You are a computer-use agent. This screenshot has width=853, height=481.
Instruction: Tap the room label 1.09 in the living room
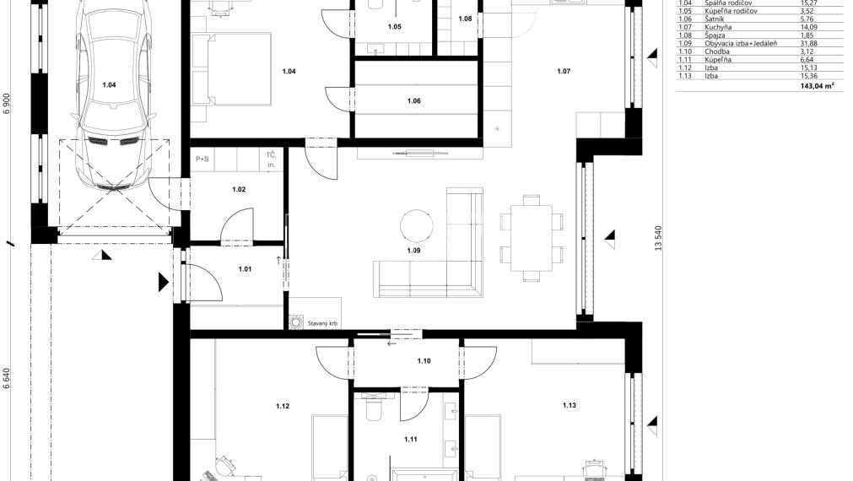click(413, 251)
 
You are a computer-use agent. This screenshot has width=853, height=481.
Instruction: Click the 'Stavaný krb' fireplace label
click(323, 322)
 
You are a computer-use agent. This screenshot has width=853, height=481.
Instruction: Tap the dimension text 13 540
click(658, 237)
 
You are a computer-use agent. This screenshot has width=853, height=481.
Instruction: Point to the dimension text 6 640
click(7, 377)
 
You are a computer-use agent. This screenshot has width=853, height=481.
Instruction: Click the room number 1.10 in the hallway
click(424, 361)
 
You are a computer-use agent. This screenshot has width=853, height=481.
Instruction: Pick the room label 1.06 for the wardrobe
click(413, 101)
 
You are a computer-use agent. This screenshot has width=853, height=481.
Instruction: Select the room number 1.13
click(570, 406)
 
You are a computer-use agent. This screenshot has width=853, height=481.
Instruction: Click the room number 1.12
click(282, 407)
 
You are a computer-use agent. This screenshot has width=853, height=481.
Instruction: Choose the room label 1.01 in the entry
click(245, 269)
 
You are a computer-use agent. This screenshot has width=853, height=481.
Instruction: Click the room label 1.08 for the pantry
click(465, 19)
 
